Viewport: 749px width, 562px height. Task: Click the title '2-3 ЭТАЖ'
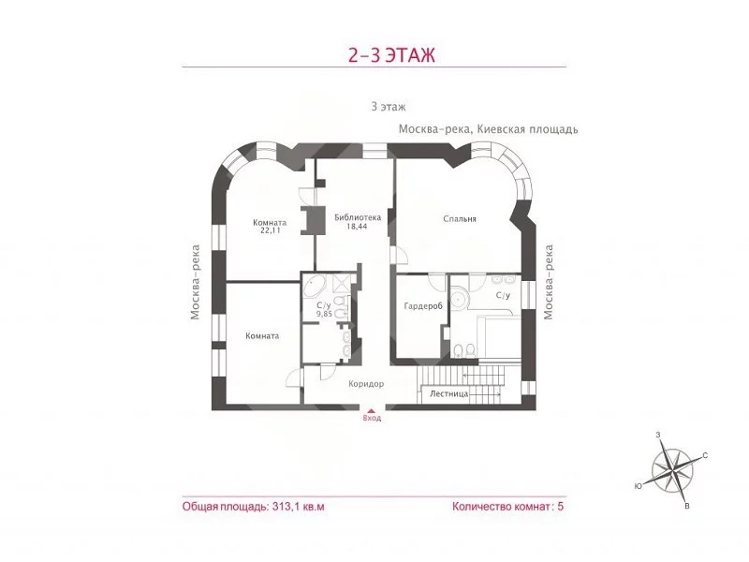[391, 55]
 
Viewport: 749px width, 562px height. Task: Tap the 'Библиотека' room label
[358, 218]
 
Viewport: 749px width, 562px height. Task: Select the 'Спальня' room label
[460, 219]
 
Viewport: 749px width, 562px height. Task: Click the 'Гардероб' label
[423, 306]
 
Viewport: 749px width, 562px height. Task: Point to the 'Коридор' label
[366, 384]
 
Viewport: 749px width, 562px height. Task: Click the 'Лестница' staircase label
[449, 394]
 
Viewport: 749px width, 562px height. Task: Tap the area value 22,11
[270, 230]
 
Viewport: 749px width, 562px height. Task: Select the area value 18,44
[357, 227]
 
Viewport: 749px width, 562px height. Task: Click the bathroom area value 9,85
[324, 314]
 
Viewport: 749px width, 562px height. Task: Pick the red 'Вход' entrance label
[372, 418]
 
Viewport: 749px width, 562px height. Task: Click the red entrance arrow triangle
[371, 410]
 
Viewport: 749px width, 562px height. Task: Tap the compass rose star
[672, 470]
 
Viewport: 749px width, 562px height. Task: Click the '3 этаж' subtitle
[389, 107]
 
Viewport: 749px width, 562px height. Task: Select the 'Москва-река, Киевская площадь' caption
[488, 129]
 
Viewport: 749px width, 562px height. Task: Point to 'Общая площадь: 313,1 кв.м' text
[253, 507]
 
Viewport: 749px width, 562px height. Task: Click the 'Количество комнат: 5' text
[507, 507]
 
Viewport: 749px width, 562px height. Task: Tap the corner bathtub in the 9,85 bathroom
[315, 286]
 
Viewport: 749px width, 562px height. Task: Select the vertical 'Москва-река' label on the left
[195, 283]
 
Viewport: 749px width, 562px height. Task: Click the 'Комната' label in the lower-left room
[262, 336]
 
